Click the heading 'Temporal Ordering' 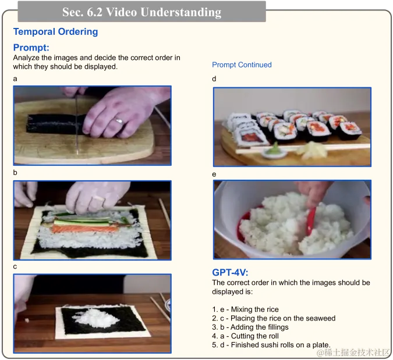coord(55,32)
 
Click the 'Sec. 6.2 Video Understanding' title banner coord(141,12)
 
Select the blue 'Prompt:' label coord(31,48)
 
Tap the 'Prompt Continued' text coord(242,65)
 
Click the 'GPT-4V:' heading coord(230,272)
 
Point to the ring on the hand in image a coord(119,120)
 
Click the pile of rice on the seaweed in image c coord(95,317)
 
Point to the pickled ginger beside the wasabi coord(311,149)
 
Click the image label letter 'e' coord(214,174)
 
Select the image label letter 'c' coord(15,266)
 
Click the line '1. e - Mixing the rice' coord(245,309)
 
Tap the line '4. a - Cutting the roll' coord(245,336)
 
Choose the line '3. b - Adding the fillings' coord(250,327)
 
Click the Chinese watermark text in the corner coord(354,353)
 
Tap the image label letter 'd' coord(214,79)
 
